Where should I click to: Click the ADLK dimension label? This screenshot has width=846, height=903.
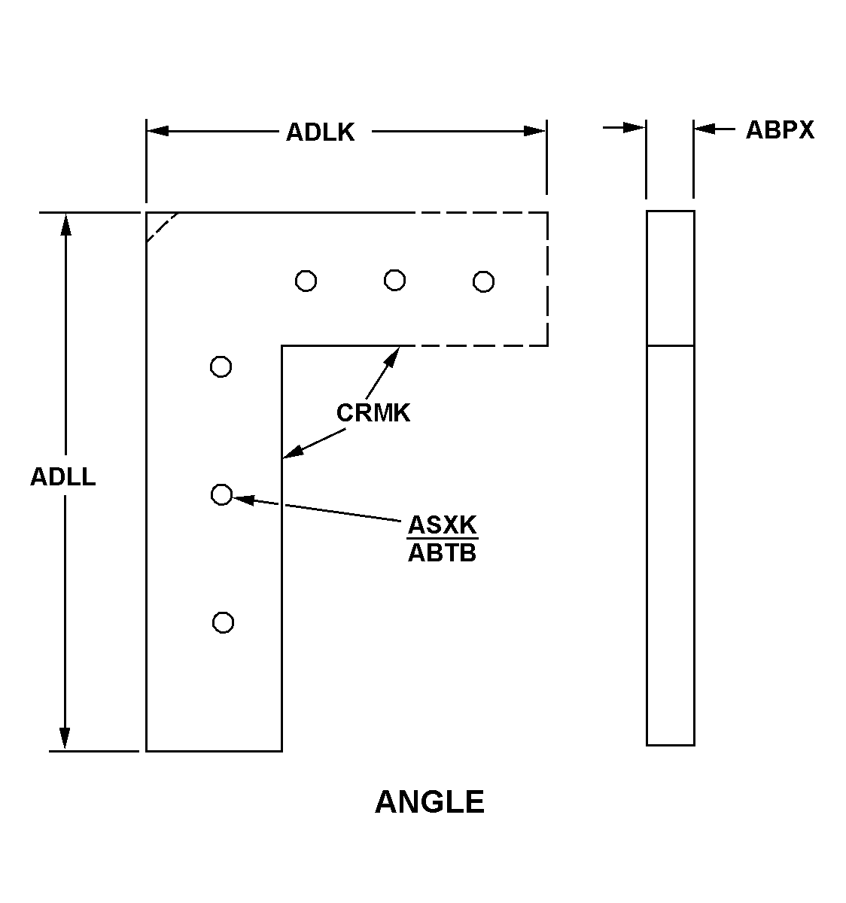click(x=320, y=132)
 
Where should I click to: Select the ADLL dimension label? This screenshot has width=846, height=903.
click(x=63, y=477)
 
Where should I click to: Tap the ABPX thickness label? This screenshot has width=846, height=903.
click(x=780, y=130)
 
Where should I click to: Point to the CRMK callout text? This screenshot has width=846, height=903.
click(x=373, y=413)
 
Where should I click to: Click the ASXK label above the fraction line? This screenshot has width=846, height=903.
click(x=443, y=524)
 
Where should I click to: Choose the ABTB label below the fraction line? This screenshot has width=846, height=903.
click(x=442, y=553)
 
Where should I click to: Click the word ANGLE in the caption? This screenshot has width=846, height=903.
click(x=430, y=801)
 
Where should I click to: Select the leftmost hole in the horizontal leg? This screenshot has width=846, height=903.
click(x=306, y=281)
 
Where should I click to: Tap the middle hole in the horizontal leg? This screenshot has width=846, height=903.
click(x=395, y=280)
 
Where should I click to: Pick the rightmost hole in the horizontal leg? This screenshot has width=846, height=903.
click(x=483, y=282)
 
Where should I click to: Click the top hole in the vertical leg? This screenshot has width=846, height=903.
click(x=221, y=366)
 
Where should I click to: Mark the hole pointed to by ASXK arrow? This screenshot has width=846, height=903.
click(x=222, y=494)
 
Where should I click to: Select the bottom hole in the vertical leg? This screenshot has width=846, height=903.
click(x=224, y=622)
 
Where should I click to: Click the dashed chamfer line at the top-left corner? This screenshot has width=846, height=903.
click(x=163, y=227)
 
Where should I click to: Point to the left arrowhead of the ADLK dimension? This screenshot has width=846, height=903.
click(x=158, y=132)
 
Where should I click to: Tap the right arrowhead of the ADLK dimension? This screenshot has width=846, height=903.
click(x=534, y=132)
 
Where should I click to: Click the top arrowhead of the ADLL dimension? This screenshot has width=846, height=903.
click(x=66, y=224)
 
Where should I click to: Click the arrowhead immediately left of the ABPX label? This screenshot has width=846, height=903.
click(x=705, y=129)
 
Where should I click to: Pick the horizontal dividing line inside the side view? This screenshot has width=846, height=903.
click(x=671, y=346)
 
